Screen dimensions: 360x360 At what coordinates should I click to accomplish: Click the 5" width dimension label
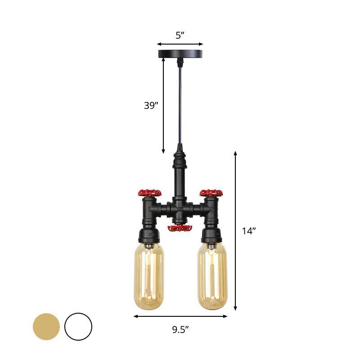(x=180, y=36)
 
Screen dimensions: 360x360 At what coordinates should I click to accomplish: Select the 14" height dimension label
(x=248, y=231)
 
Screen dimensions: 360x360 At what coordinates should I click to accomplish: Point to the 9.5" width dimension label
(x=180, y=329)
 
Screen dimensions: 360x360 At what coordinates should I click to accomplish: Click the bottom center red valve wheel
(x=180, y=229)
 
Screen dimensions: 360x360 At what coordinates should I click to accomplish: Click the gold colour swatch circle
(x=46, y=326)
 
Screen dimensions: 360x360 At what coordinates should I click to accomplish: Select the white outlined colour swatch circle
(x=78, y=326)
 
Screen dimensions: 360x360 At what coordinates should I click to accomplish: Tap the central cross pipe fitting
(x=180, y=209)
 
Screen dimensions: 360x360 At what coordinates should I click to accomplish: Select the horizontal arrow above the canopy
(x=180, y=44)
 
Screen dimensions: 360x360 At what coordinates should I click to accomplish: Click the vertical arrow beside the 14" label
(x=235, y=231)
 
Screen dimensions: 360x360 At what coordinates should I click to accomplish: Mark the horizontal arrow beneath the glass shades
(x=180, y=316)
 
